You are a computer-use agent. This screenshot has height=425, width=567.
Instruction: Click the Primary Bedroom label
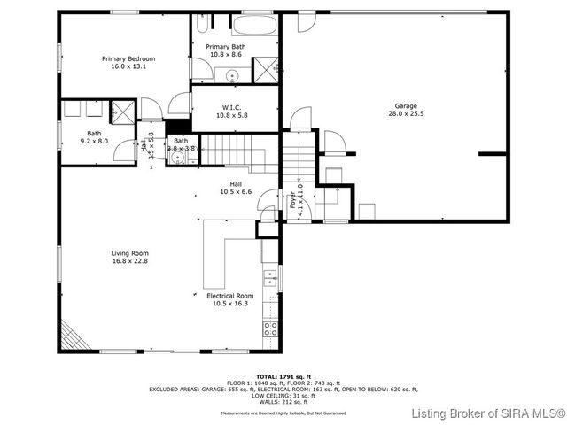(123, 58)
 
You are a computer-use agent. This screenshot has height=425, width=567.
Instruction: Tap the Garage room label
(407, 106)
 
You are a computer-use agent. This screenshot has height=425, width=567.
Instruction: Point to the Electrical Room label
(229, 296)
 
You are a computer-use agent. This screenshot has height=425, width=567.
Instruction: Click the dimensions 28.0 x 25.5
(407, 113)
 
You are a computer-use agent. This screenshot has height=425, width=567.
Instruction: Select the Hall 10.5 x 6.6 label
(236, 188)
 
